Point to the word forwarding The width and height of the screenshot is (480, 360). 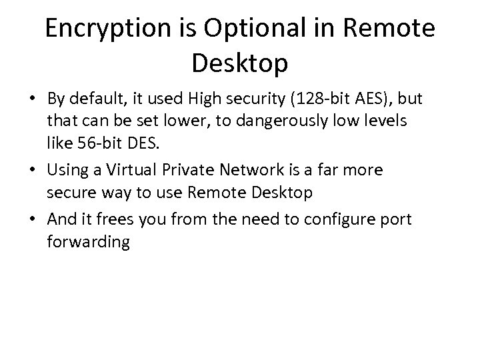coord(87,241)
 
